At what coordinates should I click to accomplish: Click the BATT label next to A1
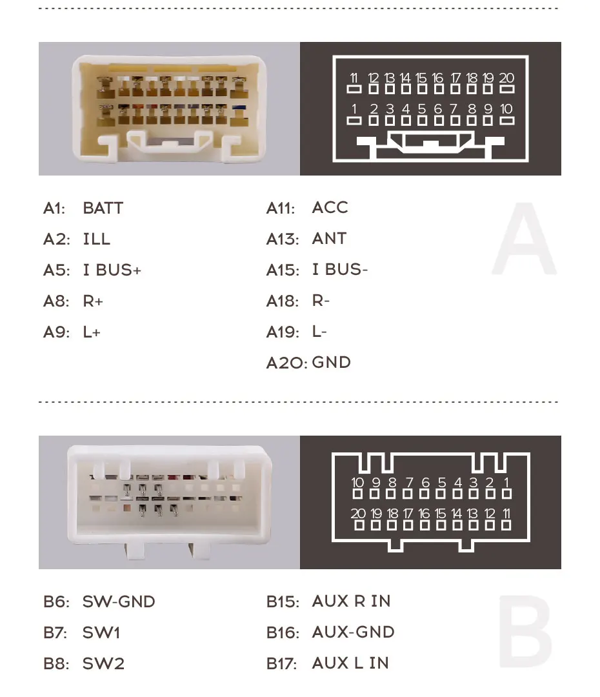coord(103,208)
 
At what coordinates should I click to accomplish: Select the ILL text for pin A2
coord(96,239)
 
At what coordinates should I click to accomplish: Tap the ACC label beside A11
coord(330,208)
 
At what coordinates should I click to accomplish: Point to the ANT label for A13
coord(329,239)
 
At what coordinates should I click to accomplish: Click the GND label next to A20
coord(331,362)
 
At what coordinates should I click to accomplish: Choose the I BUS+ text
coord(112,270)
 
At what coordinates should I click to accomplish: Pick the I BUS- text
coord(339,270)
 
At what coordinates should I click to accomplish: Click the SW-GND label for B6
coord(119,601)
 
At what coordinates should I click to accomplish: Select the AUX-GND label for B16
coord(353,632)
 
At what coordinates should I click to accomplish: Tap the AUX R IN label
coord(351,601)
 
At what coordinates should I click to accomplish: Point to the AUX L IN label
coord(350,663)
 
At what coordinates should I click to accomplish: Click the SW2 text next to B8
coord(103,663)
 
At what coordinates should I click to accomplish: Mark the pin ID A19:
coord(283,332)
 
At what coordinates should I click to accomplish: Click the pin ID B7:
coord(55,632)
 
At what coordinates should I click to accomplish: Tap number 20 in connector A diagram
coord(506,78)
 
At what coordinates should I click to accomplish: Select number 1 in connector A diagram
coord(354,108)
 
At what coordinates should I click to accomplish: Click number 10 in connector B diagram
coord(358,482)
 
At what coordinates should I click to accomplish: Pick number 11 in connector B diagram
coord(506,513)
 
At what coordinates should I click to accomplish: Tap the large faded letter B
coord(525,632)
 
